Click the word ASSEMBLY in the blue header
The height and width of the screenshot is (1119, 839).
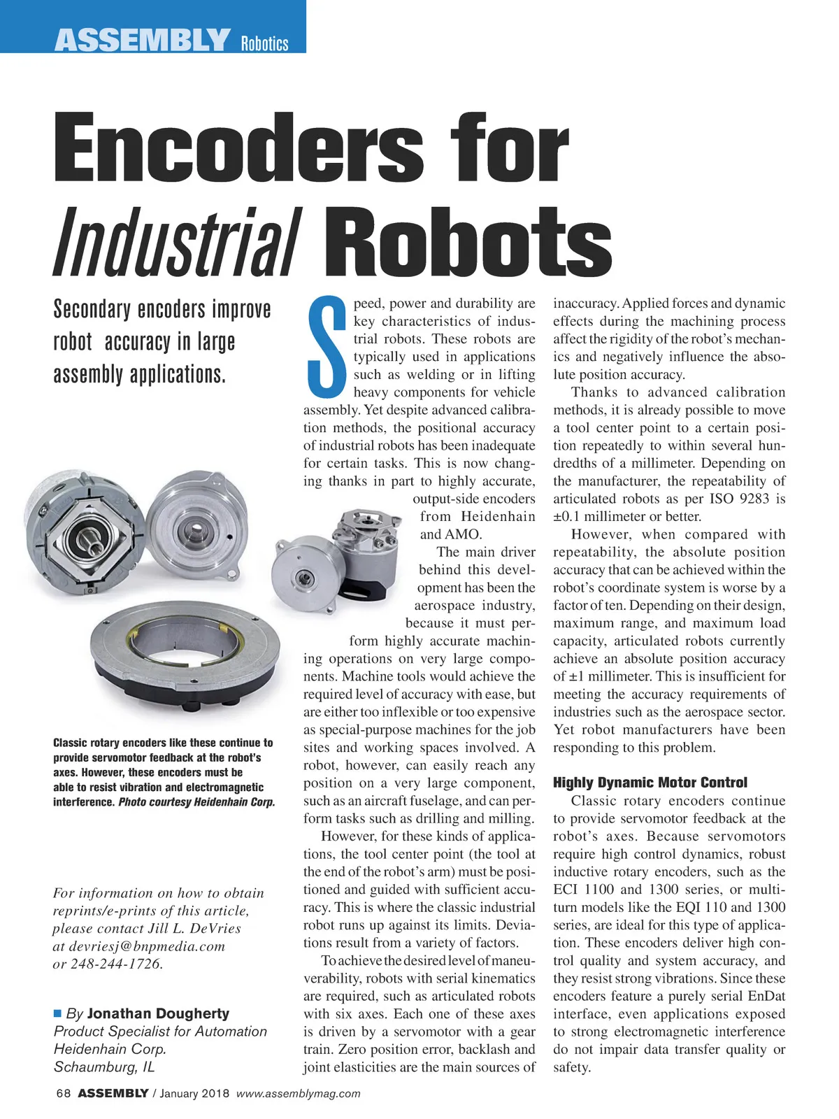point(142,41)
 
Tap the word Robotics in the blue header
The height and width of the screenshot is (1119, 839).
point(264,44)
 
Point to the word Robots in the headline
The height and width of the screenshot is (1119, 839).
point(468,241)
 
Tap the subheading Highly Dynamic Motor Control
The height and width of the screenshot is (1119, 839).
point(650,783)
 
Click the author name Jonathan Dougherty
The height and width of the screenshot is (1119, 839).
point(158,1013)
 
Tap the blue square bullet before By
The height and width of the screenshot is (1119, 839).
point(58,1013)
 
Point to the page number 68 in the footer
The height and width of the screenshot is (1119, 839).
point(63,1093)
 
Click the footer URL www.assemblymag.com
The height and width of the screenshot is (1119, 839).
point(299,1093)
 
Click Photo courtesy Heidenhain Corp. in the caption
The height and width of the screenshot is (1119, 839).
point(196,801)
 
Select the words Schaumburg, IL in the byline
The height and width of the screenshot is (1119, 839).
point(104,1067)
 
